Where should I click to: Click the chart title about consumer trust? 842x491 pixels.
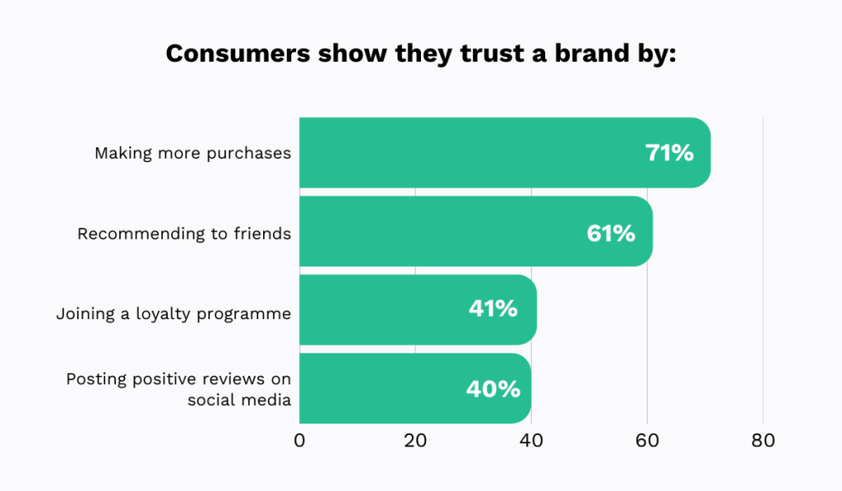420,53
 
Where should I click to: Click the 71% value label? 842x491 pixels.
669,153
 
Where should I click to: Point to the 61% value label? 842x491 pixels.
611,233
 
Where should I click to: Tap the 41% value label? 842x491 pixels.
493,309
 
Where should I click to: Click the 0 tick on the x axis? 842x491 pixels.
299,440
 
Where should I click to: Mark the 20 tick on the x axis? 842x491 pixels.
415,440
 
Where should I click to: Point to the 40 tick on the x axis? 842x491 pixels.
531,440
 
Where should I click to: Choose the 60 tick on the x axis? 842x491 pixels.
647,440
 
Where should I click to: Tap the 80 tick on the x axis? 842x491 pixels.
763,440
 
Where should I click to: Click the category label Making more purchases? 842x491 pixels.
192,153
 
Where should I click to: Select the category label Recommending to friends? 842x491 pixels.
184,234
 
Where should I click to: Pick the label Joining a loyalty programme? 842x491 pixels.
173,313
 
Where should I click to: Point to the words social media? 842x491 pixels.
239,400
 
